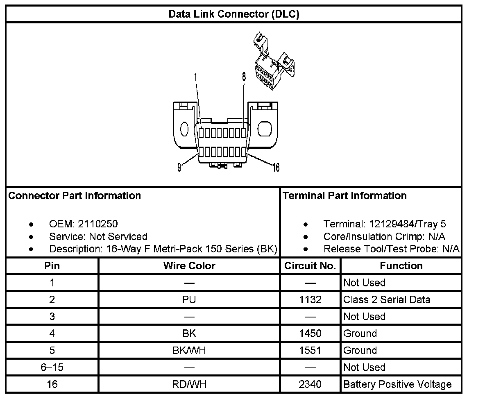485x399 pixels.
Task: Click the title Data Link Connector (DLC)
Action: click(234, 14)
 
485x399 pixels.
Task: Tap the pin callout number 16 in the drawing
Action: click(276, 167)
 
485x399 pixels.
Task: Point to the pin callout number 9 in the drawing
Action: click(179, 168)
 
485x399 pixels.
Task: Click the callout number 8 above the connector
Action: click(244, 77)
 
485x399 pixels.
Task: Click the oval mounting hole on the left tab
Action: click(184, 129)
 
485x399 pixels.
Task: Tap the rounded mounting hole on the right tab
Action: click(265, 129)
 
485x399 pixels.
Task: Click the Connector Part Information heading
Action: click(75, 196)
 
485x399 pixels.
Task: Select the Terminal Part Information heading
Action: click(344, 196)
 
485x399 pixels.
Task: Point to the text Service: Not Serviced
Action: click(98, 236)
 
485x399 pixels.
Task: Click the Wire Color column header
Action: click(189, 266)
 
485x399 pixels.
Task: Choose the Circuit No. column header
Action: click(310, 266)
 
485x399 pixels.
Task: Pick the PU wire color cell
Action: click(189, 299)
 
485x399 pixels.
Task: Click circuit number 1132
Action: click(310, 299)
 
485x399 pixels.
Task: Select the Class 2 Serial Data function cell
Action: click(387, 299)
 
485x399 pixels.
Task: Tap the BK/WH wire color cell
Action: click(189, 351)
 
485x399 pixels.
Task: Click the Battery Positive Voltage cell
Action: click(397, 384)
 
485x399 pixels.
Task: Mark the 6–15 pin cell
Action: click(52, 367)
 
